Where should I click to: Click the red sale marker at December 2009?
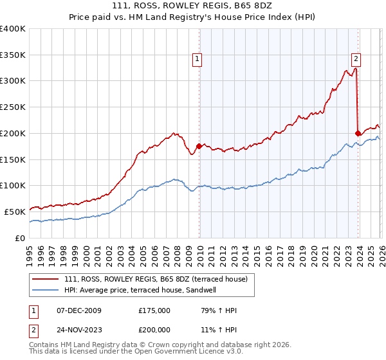point(199,146)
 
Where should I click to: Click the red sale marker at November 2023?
point(358,133)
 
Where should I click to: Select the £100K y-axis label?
point(13,186)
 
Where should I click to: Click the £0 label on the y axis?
point(20,238)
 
